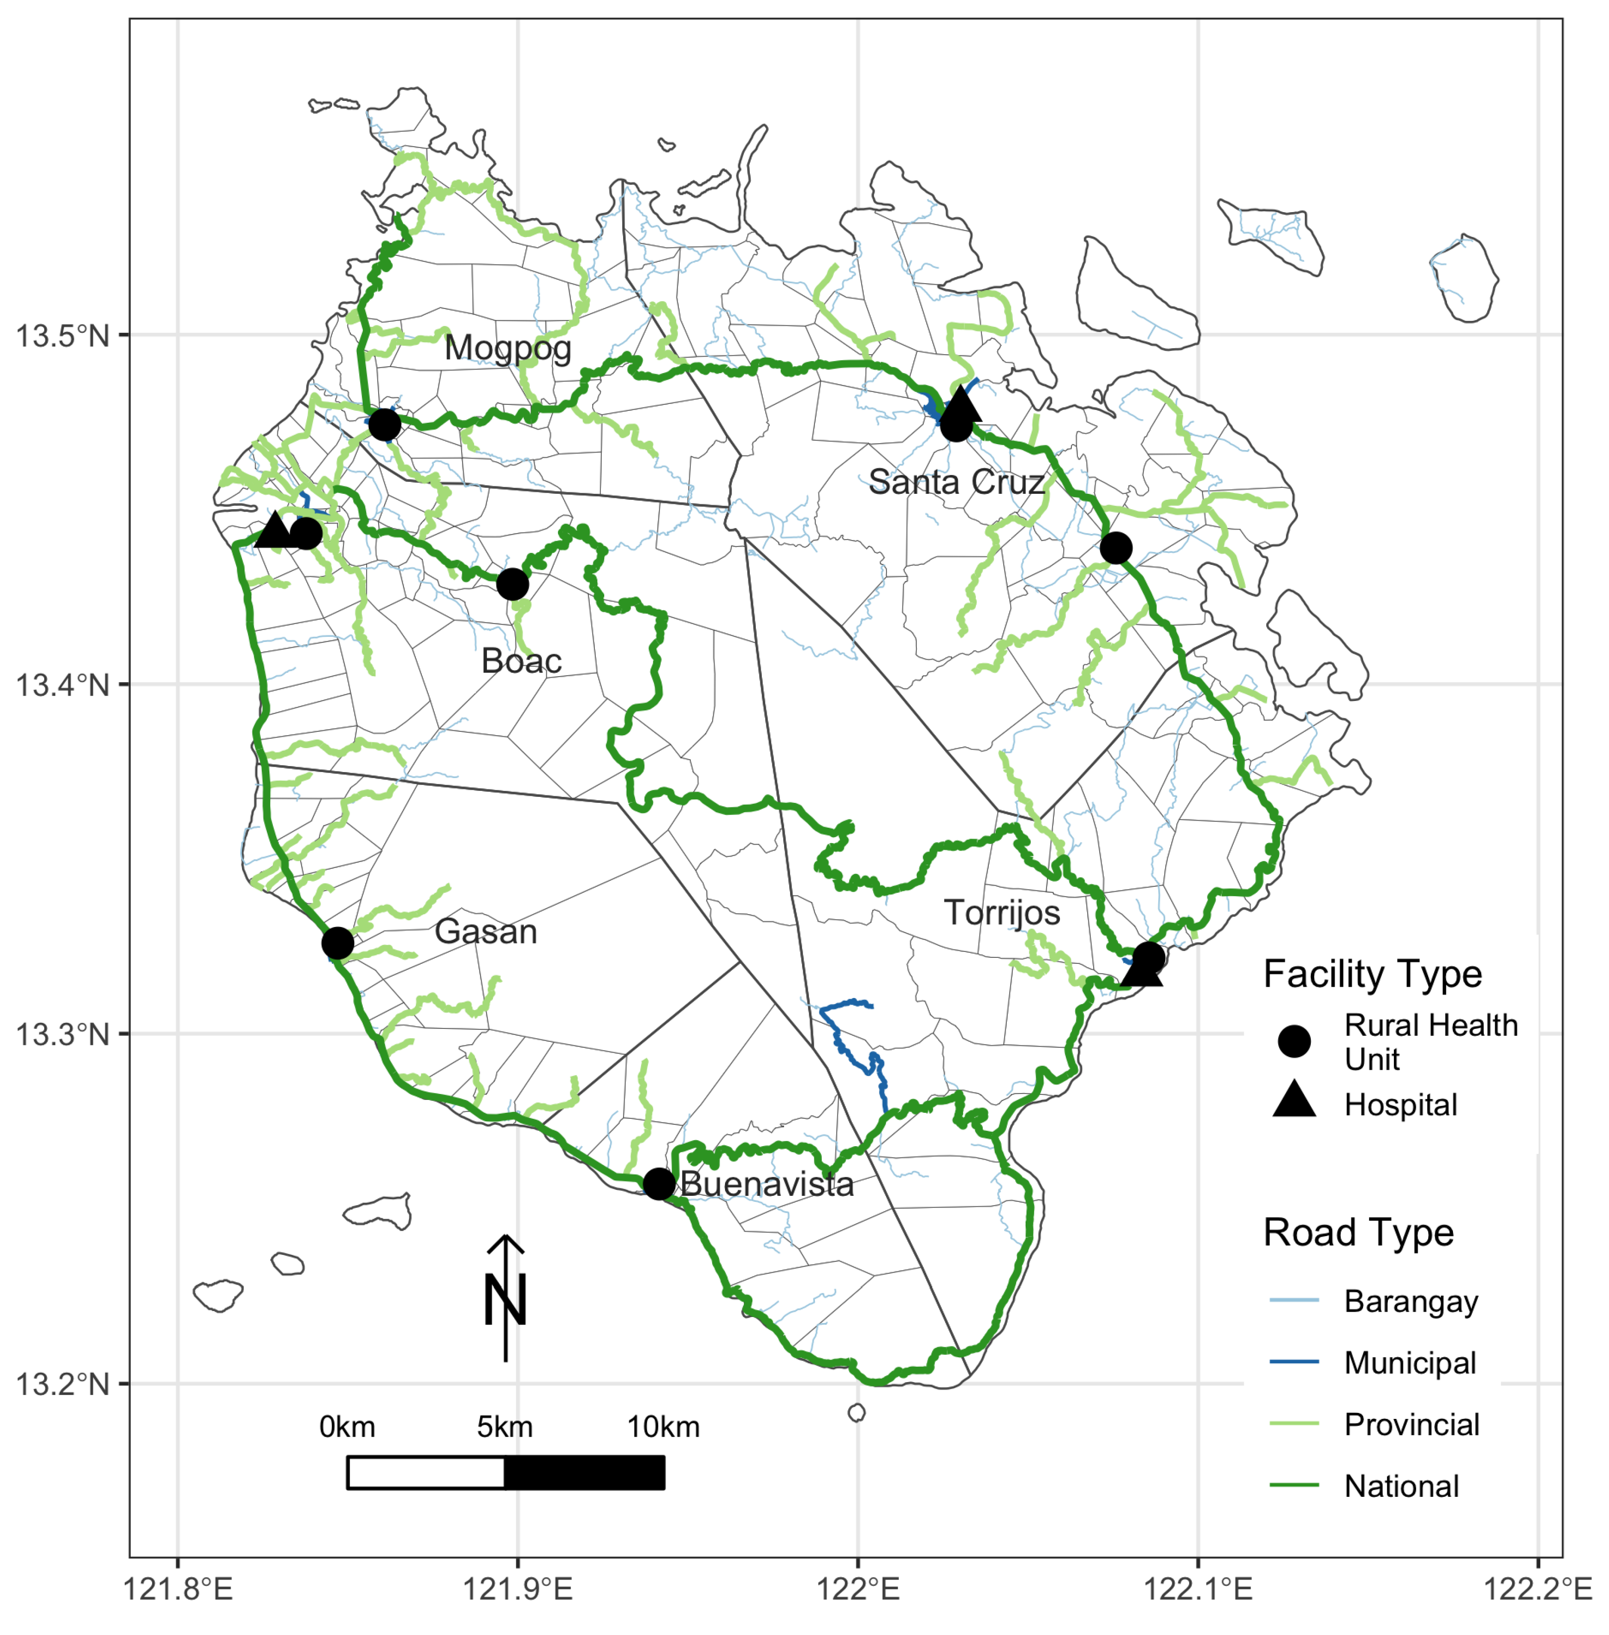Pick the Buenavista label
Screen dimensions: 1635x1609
coord(766,1184)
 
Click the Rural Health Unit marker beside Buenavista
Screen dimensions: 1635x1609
coord(659,1184)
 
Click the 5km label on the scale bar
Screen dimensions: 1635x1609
coord(504,1427)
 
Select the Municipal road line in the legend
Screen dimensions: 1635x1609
coord(1294,1362)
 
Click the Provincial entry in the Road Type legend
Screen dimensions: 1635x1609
coord(1411,1425)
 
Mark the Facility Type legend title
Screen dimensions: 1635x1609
coord(1372,974)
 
